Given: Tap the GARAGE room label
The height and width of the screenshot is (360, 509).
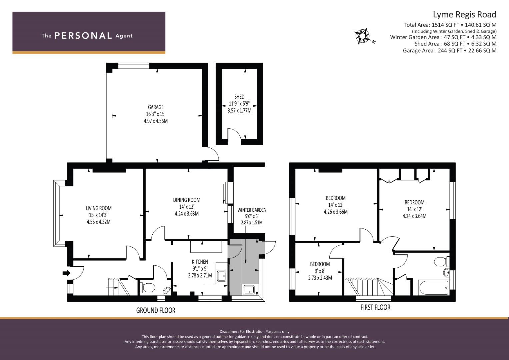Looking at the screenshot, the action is tap(156, 107).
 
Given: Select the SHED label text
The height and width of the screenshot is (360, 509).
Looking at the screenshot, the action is tap(239, 97).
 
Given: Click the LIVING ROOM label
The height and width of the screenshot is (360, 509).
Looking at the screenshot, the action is tap(99, 208).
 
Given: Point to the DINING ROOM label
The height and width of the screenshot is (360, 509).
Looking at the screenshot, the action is tap(187, 200).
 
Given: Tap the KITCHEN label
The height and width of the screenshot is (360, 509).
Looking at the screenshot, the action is tap(200, 262).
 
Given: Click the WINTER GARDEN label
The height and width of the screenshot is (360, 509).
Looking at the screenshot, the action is tap(252, 210).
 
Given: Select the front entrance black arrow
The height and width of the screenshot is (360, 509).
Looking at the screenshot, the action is tap(67, 273).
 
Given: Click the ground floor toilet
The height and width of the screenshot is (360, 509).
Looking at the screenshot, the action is tap(148, 287).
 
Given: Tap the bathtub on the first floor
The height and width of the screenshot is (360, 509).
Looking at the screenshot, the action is tap(434, 288).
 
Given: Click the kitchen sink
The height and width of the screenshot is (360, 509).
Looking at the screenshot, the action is tap(222, 276).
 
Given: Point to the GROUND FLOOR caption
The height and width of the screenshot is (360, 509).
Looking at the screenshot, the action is tap(156, 310).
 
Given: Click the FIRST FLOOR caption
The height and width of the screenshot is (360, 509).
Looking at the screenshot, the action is tap(375, 307).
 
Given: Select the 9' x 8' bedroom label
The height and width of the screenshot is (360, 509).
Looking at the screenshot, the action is tap(320, 271).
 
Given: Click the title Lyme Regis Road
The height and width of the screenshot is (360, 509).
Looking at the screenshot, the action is tap(464, 15).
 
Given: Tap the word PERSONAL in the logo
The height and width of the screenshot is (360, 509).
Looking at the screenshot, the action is tap(83, 36).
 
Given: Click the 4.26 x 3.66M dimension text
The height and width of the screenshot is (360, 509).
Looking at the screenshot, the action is tap(336, 212).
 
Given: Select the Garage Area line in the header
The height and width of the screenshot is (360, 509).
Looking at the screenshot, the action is tap(450, 50).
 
